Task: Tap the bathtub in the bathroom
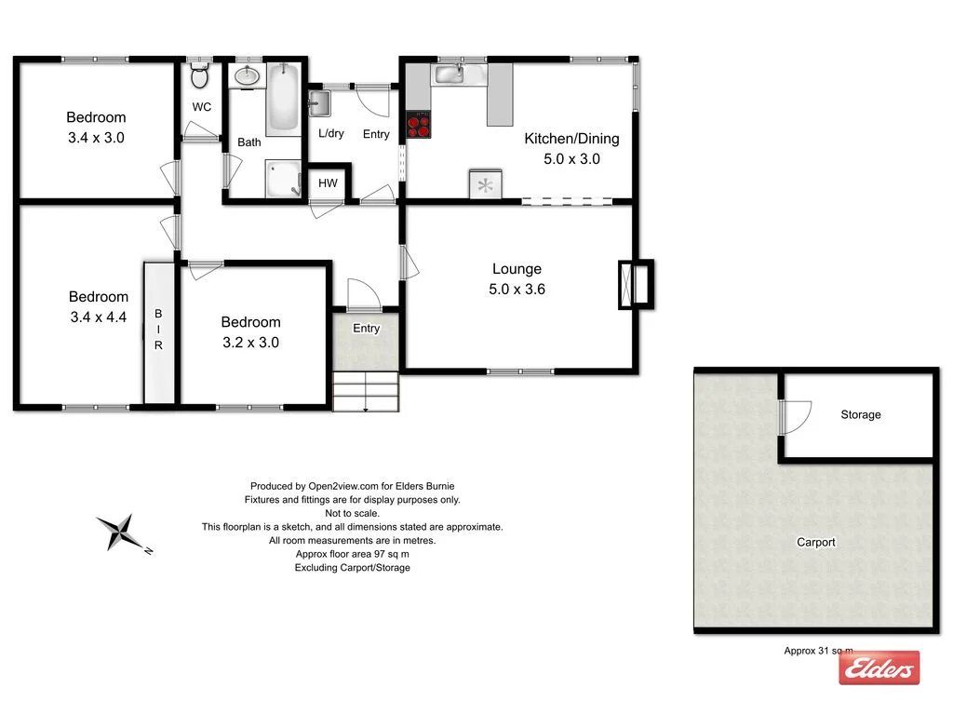click(x=284, y=99)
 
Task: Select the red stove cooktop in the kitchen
click(x=418, y=125)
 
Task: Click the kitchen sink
click(x=450, y=74)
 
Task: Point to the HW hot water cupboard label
click(x=328, y=183)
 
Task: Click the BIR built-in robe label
click(x=158, y=331)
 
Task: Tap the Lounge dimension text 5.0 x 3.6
click(x=517, y=290)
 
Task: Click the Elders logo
click(x=879, y=668)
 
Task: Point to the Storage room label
click(x=860, y=414)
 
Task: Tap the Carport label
click(x=815, y=542)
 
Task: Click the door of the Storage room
click(x=793, y=417)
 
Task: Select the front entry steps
click(x=365, y=391)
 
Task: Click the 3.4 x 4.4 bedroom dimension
click(x=98, y=317)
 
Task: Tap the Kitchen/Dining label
click(x=571, y=139)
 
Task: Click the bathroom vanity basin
click(x=248, y=75)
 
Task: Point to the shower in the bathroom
click(x=283, y=180)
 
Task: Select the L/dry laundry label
click(x=330, y=134)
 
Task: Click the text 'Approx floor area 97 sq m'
click(x=352, y=554)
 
